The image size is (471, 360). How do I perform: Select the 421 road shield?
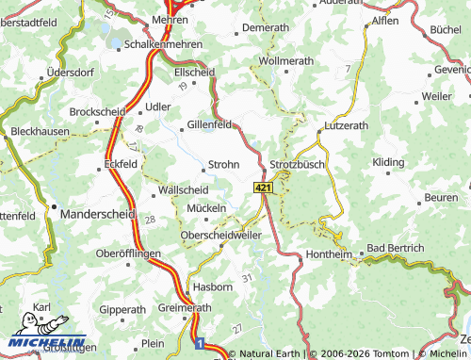(263, 189)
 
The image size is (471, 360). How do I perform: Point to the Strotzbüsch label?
(297, 164)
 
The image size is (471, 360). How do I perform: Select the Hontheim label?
(329, 254)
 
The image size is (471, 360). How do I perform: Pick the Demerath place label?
(265, 28)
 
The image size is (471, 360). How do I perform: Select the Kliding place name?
(387, 162)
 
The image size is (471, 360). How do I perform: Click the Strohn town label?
(223, 164)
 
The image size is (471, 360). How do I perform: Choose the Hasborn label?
(212, 286)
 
